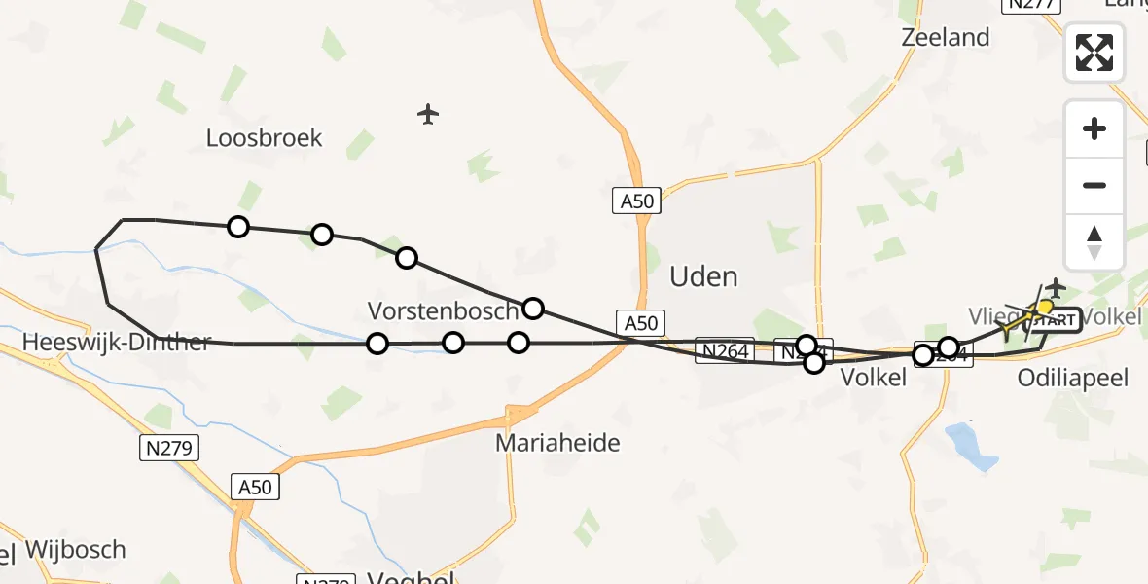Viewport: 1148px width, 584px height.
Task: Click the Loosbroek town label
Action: (x=264, y=138)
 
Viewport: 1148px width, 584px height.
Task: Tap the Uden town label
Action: (x=703, y=277)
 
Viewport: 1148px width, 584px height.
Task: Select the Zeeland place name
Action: (x=945, y=38)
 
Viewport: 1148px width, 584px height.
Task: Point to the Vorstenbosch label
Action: (x=443, y=311)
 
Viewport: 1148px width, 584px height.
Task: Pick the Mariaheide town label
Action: (x=557, y=443)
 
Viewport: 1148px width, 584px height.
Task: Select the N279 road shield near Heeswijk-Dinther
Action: (x=167, y=448)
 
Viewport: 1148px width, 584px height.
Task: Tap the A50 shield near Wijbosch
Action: (x=255, y=487)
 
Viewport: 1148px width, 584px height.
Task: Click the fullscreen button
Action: (x=1094, y=53)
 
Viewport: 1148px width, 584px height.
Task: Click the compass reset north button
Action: (x=1094, y=241)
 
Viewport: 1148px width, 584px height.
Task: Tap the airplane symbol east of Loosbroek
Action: (x=428, y=115)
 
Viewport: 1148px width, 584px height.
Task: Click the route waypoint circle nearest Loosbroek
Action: (x=238, y=227)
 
